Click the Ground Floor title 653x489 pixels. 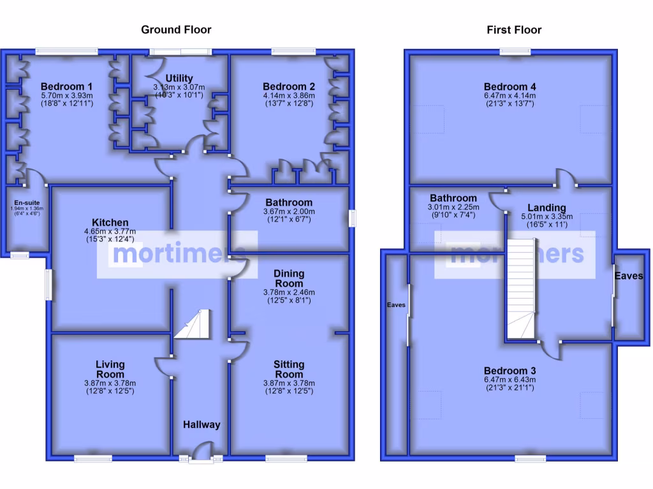176,29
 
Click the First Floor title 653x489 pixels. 514,29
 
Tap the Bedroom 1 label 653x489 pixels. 67,87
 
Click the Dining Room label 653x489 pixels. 289,278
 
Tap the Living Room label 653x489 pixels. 110,369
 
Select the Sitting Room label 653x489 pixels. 289,369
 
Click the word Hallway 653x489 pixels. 202,425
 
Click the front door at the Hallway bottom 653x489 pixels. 201,451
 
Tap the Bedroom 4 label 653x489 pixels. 510,87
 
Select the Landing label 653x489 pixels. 547,208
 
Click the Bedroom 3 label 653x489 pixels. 510,371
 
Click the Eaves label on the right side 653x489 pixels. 628,276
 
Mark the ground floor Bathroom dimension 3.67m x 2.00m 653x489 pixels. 289,212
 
